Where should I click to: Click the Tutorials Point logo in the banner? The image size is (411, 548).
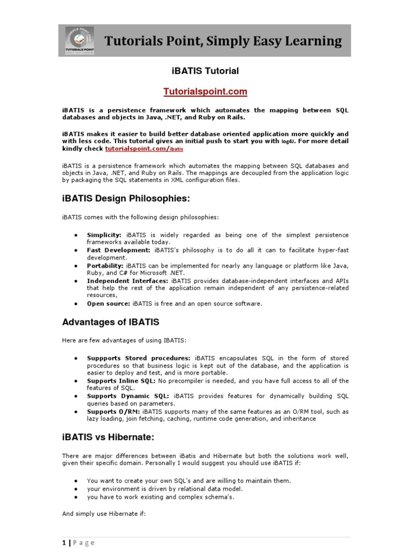[x=78, y=40]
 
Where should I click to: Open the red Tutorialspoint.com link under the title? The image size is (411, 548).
[x=205, y=92]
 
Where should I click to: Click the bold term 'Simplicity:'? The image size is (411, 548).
[x=104, y=235]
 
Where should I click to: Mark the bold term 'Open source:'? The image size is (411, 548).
[x=108, y=303]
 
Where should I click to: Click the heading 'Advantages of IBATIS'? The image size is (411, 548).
[x=111, y=322]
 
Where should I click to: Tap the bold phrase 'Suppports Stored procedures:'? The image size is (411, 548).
[x=139, y=358]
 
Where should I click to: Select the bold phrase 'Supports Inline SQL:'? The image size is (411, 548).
[x=121, y=380]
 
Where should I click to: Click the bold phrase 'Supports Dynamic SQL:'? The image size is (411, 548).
[x=125, y=396]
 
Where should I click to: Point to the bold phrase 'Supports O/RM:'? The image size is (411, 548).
[x=114, y=412]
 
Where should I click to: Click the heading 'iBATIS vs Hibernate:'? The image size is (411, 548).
[x=108, y=437]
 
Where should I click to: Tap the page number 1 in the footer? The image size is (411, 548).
[x=64, y=542]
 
